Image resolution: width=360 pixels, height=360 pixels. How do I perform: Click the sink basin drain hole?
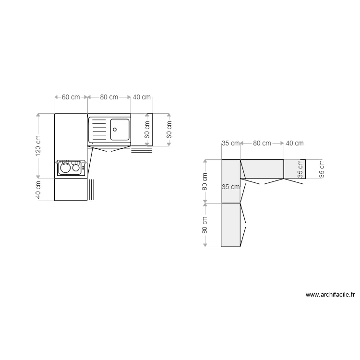click(115, 129)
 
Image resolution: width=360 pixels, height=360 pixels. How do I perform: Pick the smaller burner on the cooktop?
click(76, 168)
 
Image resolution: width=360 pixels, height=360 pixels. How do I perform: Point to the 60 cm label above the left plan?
click(71, 97)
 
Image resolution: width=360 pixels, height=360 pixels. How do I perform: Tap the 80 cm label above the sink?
click(109, 97)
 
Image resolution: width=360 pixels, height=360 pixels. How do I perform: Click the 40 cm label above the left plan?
click(142, 97)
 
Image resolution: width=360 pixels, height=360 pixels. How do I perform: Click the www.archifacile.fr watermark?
click(330, 295)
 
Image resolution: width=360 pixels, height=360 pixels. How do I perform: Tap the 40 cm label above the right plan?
click(295, 143)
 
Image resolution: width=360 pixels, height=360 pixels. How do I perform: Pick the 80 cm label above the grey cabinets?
click(262, 143)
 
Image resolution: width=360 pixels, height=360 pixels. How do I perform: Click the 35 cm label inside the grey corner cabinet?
click(231, 187)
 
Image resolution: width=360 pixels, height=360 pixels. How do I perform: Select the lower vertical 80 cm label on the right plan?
click(205, 225)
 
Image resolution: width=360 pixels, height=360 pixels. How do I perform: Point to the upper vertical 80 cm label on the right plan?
click(205, 181)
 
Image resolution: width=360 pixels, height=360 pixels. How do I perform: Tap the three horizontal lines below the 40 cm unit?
click(142, 150)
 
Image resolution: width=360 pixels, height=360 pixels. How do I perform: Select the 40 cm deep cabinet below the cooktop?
click(71, 190)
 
